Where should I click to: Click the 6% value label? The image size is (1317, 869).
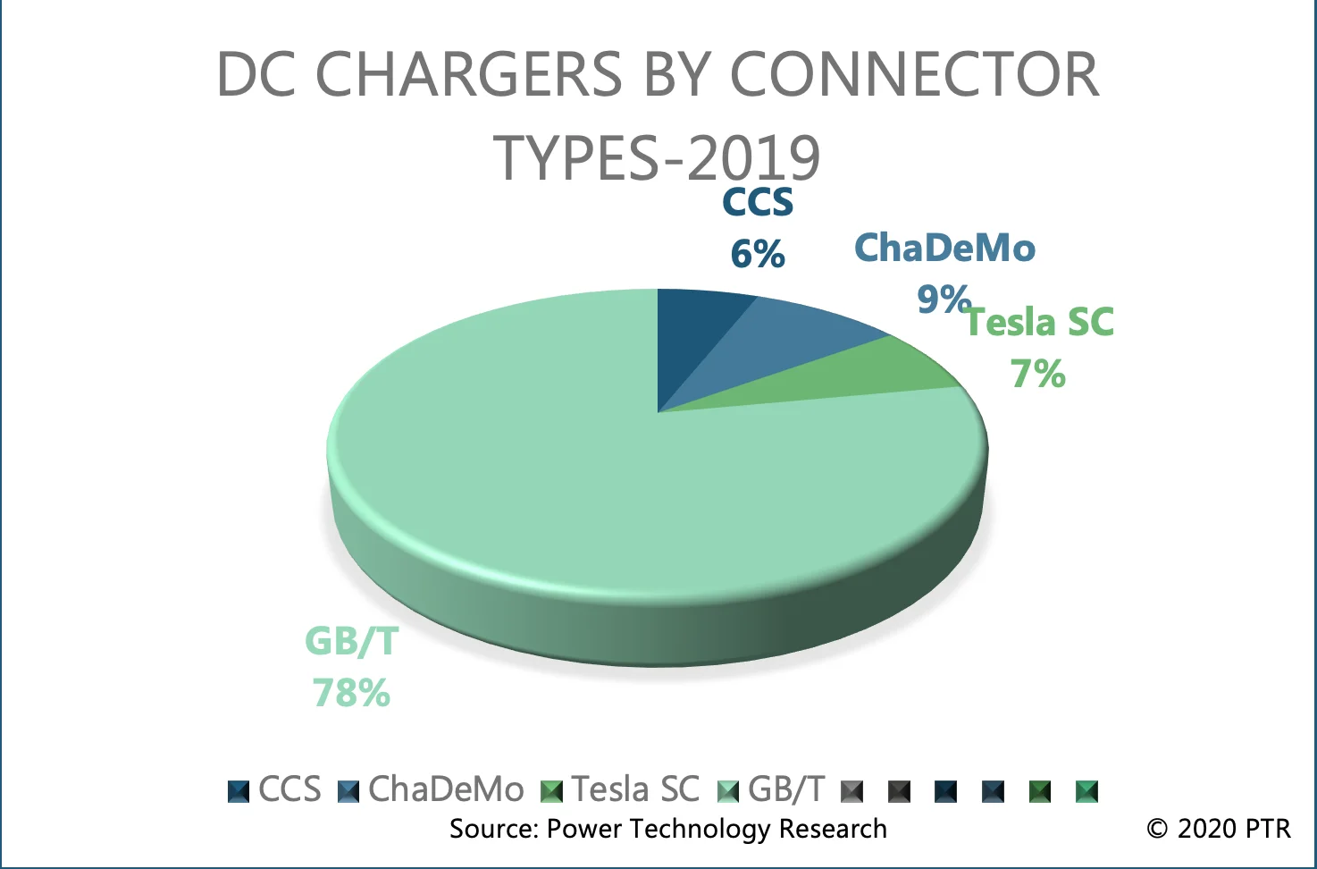(758, 254)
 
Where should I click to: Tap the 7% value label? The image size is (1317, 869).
(1038, 374)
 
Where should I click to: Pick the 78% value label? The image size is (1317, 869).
(351, 693)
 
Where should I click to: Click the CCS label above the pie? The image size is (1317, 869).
(758, 202)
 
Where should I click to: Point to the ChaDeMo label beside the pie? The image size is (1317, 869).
(944, 248)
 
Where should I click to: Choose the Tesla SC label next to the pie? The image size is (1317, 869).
(1040, 323)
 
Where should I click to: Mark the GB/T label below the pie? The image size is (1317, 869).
(351, 641)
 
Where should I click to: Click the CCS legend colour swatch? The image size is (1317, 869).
(239, 791)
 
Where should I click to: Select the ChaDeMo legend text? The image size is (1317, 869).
(446, 789)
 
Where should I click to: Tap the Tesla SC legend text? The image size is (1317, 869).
(635, 789)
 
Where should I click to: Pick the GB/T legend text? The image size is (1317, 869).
(786, 789)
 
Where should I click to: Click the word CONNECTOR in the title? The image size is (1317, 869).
(914, 73)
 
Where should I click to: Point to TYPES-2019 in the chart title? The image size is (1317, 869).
(657, 157)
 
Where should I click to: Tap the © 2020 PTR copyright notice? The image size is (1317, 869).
(1219, 829)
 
